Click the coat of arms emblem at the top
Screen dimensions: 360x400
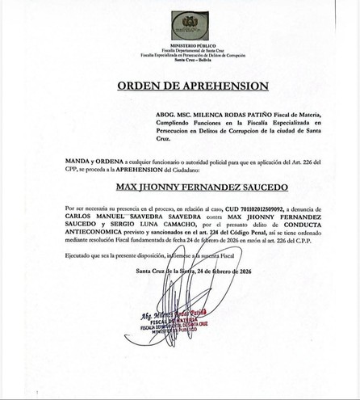(x=187, y=23)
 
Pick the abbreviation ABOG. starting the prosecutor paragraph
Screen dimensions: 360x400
(x=142, y=115)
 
